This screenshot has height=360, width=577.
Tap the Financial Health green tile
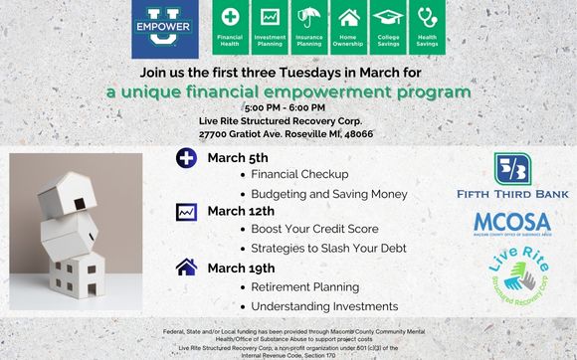tap(230, 28)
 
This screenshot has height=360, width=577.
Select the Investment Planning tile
tap(270, 28)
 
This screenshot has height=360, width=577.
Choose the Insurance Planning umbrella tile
tap(308, 28)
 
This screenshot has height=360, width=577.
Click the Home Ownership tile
tap(348, 28)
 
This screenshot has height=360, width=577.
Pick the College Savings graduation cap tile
tap(387, 28)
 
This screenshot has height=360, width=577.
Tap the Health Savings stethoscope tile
tap(427, 28)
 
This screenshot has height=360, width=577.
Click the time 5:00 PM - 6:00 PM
tap(288, 107)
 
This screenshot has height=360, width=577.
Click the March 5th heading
tap(237, 158)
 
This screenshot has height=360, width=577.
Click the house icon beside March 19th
tap(185, 267)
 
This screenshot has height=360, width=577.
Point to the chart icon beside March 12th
tap(185, 212)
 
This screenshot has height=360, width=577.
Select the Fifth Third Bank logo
tap(512, 176)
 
